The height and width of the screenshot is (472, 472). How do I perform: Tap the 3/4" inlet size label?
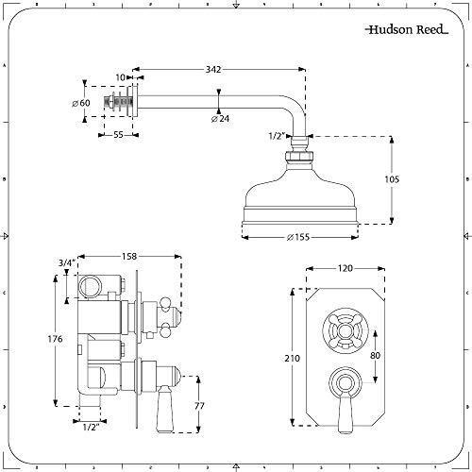[x=64, y=263]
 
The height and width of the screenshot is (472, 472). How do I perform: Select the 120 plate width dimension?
[x=344, y=268]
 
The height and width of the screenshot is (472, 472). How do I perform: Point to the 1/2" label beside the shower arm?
[x=276, y=135]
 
